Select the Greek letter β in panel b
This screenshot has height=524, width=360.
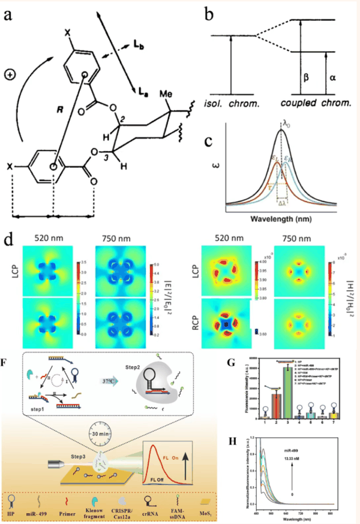point(308,77)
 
